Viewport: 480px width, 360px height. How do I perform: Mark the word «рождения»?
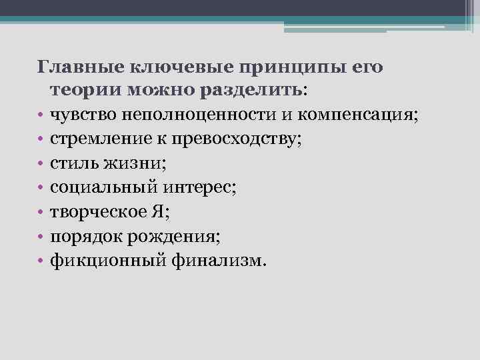[185, 237]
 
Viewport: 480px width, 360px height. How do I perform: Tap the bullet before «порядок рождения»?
[41, 237]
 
